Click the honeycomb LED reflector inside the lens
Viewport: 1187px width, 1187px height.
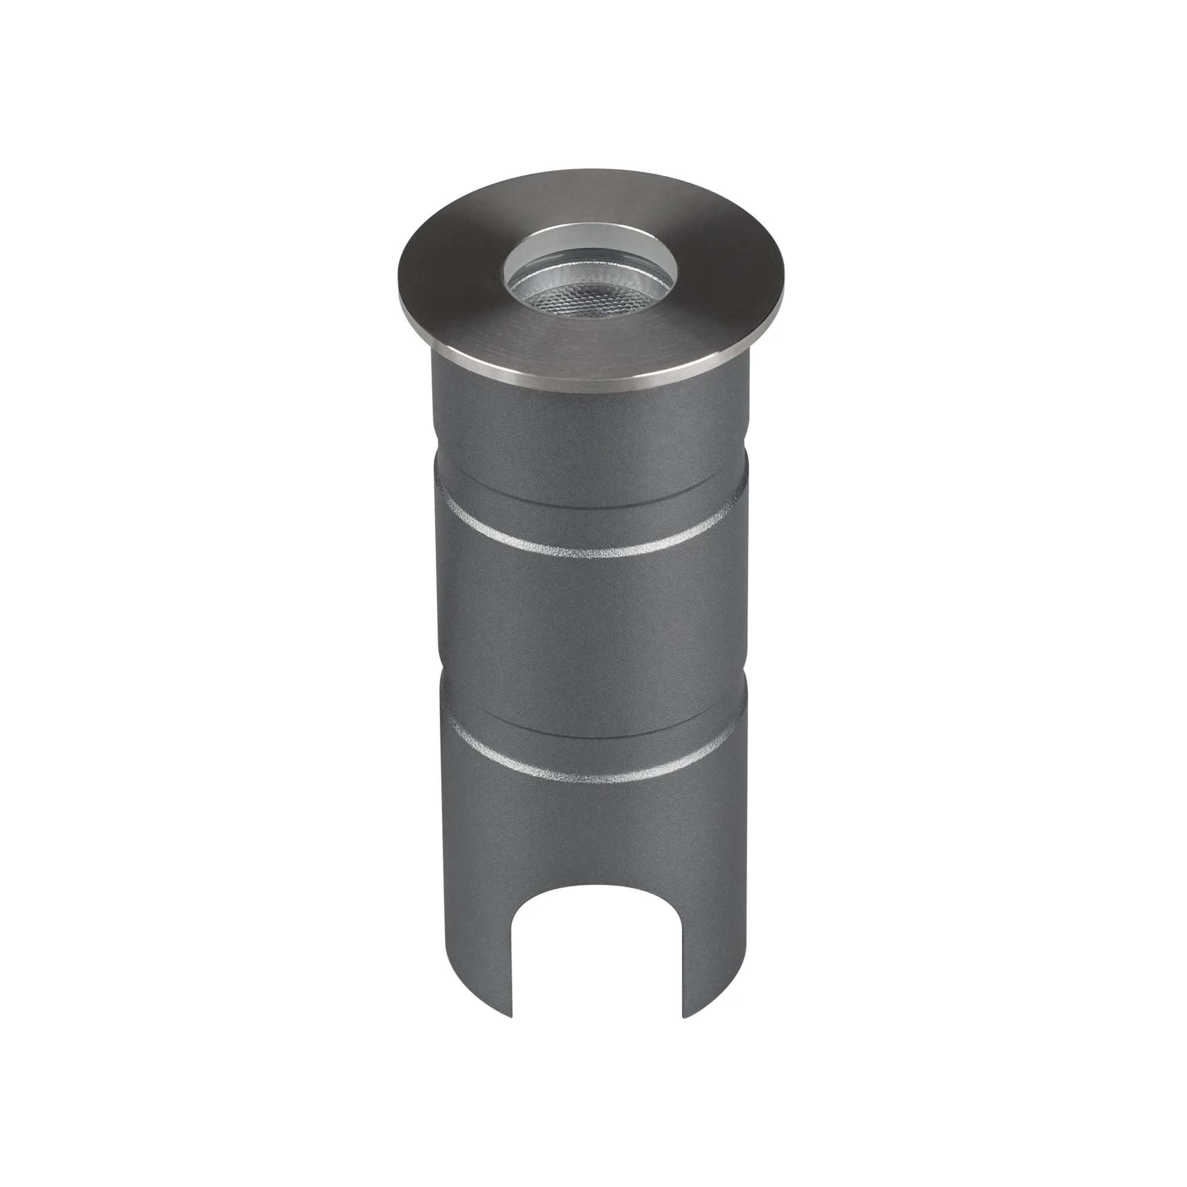click(591, 301)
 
